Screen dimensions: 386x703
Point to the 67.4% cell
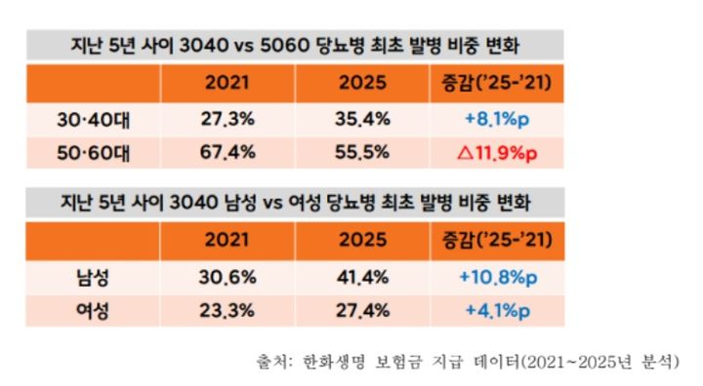click(x=227, y=153)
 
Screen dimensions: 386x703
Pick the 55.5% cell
click(x=363, y=153)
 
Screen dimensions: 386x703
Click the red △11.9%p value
click(x=496, y=153)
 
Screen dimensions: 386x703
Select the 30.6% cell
click(x=227, y=278)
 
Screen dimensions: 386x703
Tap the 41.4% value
click(x=363, y=278)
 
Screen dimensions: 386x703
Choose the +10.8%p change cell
click(x=496, y=278)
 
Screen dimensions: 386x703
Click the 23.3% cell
click(x=227, y=313)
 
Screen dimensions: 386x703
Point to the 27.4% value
click(x=363, y=313)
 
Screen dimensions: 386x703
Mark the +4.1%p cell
click(x=496, y=313)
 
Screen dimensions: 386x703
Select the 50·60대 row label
click(x=97, y=153)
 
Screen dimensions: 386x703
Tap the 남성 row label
click(x=97, y=278)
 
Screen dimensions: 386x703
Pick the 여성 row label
click(x=97, y=313)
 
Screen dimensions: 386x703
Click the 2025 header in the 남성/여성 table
click(x=363, y=240)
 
